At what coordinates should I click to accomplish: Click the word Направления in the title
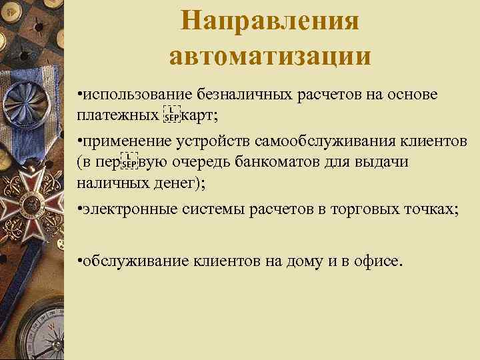(270, 20)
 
